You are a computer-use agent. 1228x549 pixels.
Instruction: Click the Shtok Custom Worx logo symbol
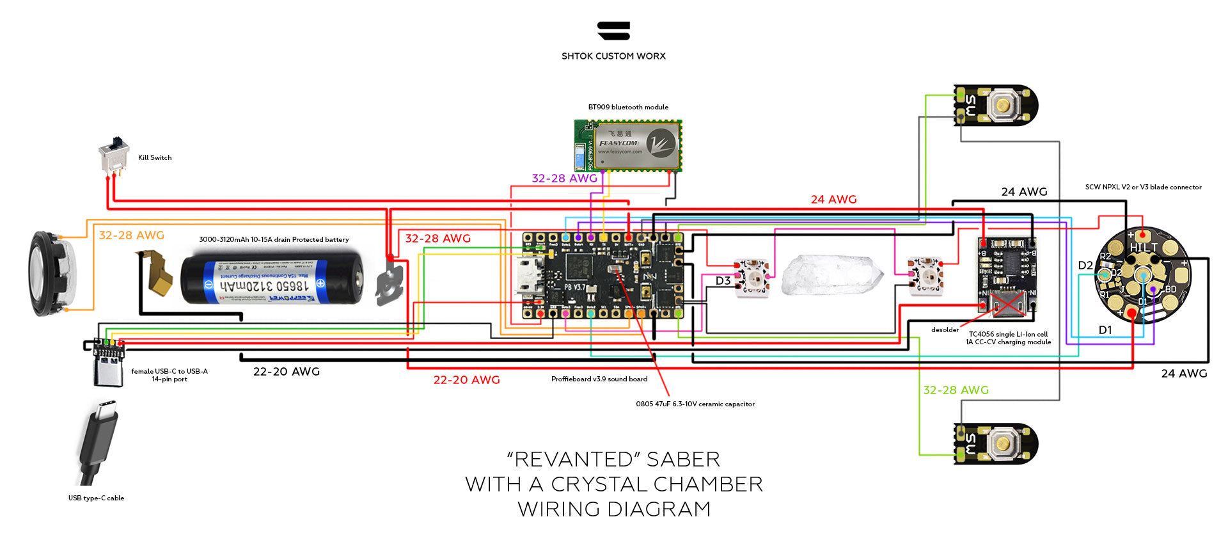click(614, 31)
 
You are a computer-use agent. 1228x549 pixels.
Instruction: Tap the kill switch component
click(111, 154)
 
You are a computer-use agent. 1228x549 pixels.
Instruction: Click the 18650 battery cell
click(272, 279)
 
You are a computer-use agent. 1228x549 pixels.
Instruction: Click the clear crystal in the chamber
click(831, 276)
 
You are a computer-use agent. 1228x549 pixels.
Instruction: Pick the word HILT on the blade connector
click(1143, 248)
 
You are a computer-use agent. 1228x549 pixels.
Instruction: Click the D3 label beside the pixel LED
click(723, 281)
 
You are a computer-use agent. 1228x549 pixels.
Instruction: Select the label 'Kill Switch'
click(155, 157)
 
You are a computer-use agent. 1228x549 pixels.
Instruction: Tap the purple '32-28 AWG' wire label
click(564, 179)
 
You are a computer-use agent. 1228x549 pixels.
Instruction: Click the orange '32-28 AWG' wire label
click(131, 235)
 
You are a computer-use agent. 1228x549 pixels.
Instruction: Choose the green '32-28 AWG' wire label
click(956, 390)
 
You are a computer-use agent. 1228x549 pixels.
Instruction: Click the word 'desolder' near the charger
click(945, 330)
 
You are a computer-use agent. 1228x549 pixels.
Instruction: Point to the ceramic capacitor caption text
click(695, 404)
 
